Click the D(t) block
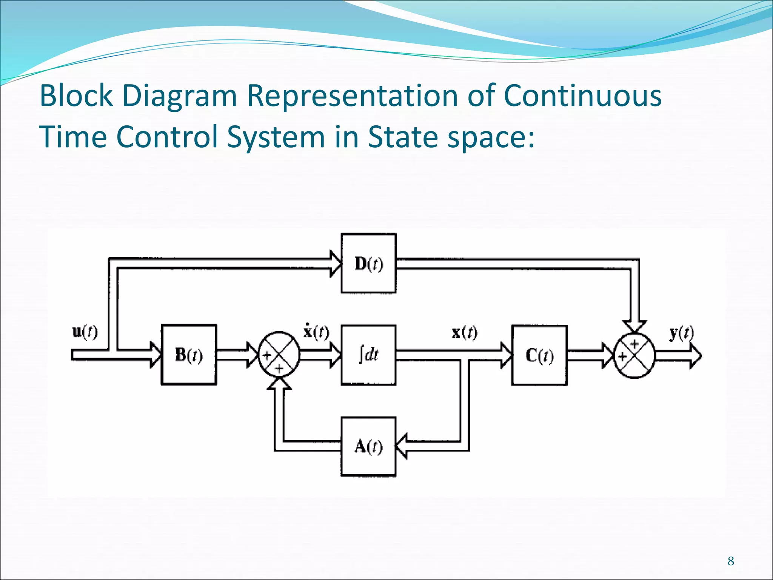coord(368,263)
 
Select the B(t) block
coord(189,355)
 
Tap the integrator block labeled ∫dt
coord(368,355)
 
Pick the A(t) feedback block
coord(368,447)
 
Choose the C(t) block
coord(539,355)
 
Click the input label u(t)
coord(85,332)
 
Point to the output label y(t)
coord(681,333)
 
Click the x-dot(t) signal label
coord(316,332)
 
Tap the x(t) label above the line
coord(464,332)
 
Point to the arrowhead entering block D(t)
coord(335,263)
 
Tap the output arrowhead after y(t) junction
coord(695,356)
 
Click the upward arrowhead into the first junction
coord(279,383)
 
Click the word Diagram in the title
coord(180,96)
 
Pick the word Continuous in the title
coord(582,95)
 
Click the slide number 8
coord(731,561)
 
